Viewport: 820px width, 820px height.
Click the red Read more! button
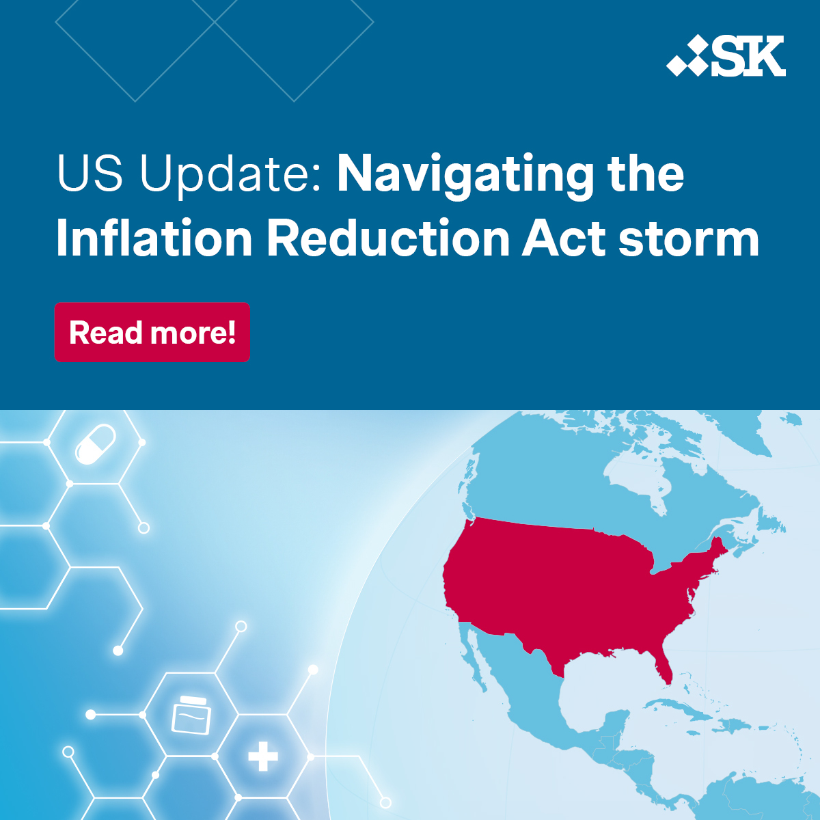click(x=152, y=332)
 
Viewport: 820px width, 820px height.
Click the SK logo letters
click(x=748, y=56)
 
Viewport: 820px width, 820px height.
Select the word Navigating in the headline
click(x=465, y=175)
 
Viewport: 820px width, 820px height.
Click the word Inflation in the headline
click(x=154, y=238)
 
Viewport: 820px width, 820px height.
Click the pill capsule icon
click(x=95, y=444)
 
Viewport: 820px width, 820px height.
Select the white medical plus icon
click(x=263, y=756)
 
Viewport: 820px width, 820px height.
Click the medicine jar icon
click(x=191, y=715)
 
